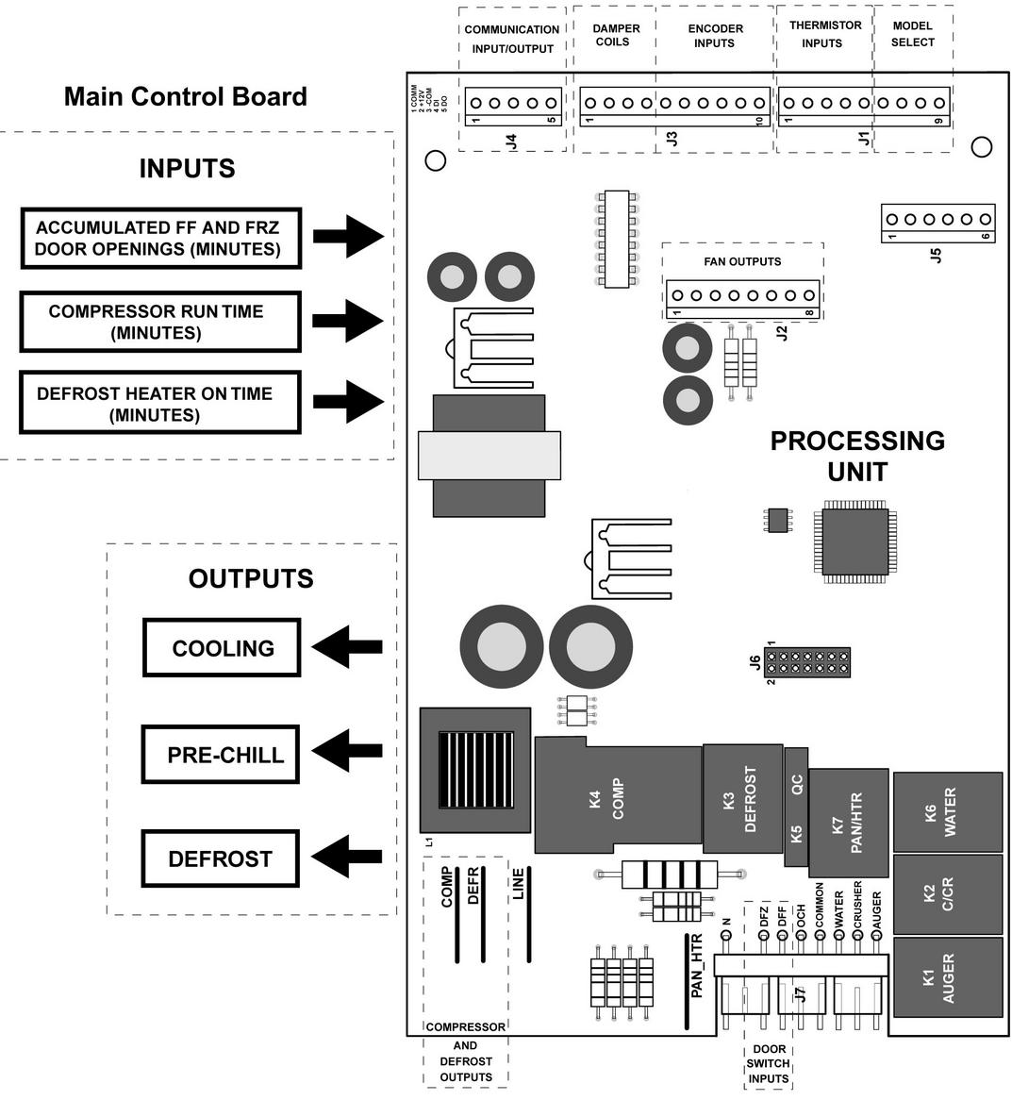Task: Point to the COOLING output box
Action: pos(222,648)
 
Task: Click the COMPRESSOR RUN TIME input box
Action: pos(160,322)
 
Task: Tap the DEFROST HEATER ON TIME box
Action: pos(160,404)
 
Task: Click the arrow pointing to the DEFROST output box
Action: pos(346,858)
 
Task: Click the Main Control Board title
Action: pos(186,96)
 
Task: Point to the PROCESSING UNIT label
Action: pos(856,455)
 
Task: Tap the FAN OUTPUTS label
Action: pos(742,261)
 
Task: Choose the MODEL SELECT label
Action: pos(912,34)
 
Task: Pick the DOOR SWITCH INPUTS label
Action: pos(769,1063)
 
